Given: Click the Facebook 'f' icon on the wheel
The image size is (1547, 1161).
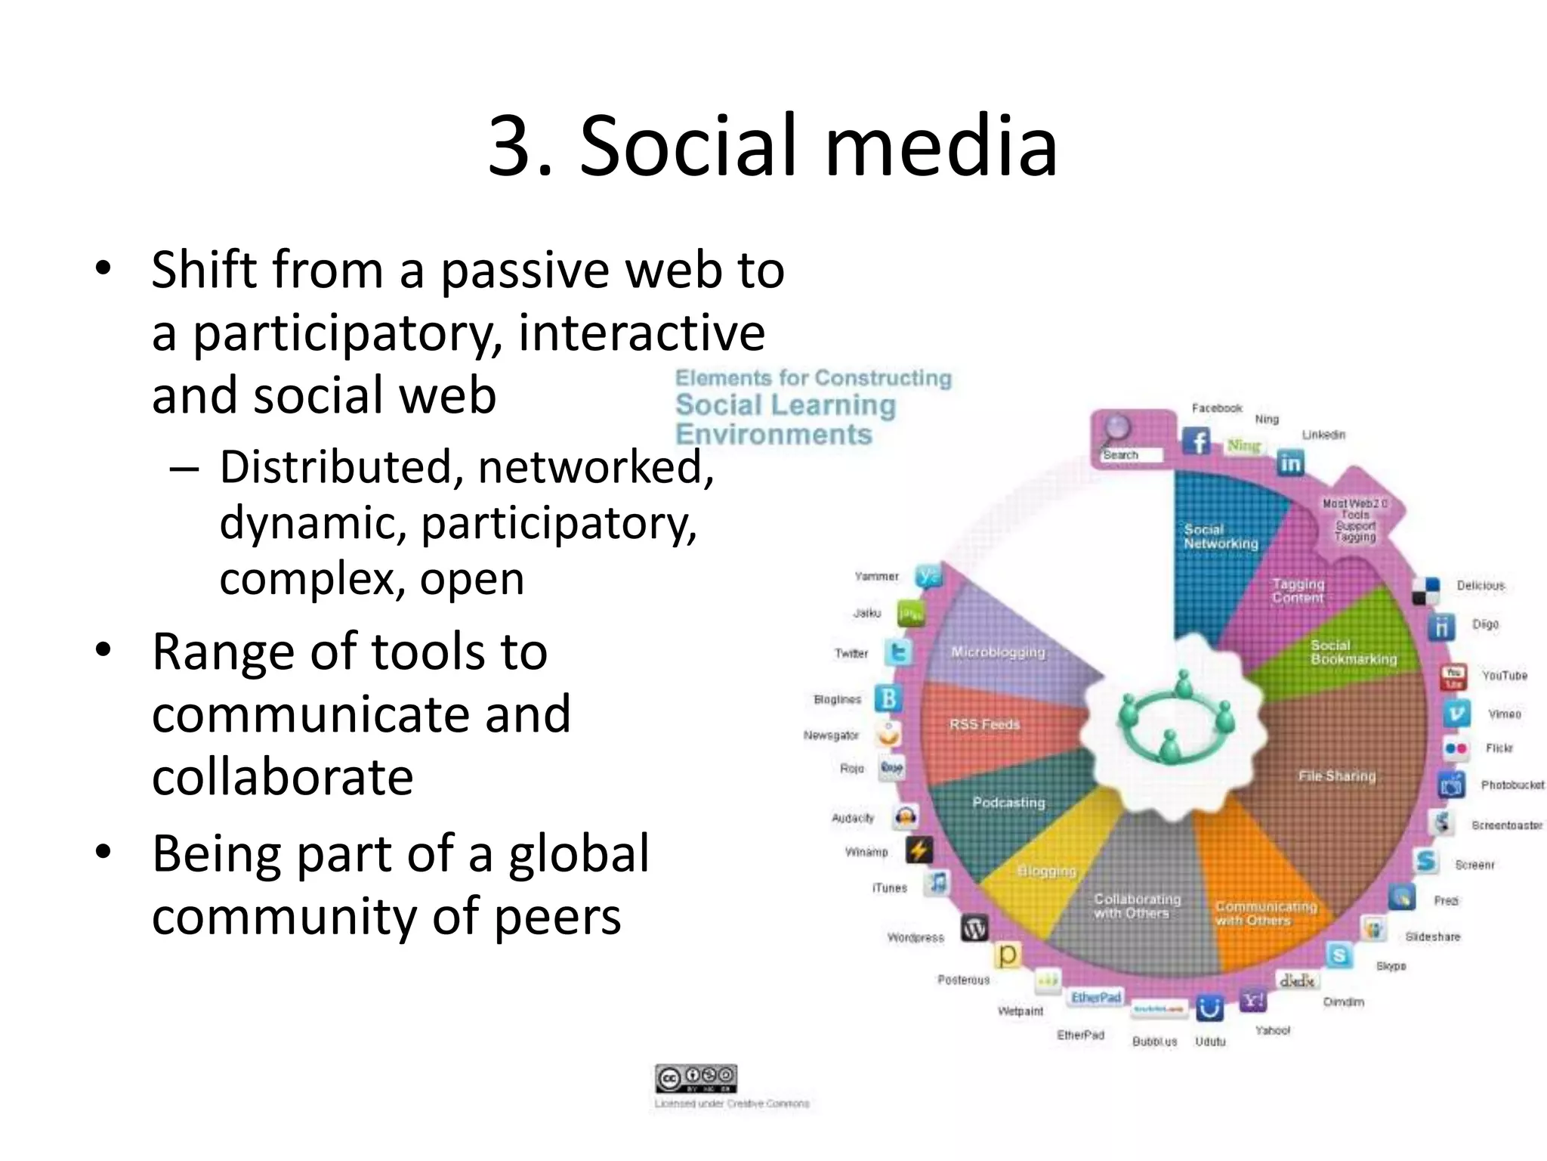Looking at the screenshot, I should [1197, 441].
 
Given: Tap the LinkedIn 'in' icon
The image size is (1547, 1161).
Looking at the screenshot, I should [1290, 463].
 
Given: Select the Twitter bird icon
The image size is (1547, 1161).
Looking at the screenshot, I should [899, 652].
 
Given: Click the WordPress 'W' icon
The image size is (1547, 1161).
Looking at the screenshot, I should [974, 929].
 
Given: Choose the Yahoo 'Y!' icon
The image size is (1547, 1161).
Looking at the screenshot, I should [1253, 1001].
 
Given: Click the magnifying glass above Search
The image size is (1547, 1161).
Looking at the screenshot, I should [1116, 429].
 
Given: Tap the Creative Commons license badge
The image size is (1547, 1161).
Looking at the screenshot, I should [696, 1078].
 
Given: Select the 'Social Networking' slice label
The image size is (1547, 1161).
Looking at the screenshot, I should [1221, 536].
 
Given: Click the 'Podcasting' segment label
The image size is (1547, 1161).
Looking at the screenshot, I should [1008, 802].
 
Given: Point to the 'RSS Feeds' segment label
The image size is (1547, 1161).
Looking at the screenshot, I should [984, 724].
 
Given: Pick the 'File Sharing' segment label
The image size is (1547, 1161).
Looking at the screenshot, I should [1337, 776].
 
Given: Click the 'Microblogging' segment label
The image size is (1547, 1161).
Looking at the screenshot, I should [998, 652].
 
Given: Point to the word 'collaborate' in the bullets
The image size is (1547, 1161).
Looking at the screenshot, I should [283, 777].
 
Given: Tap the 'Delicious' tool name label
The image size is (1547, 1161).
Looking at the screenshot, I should [1481, 585].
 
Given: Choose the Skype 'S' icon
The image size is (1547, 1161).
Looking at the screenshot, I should [1339, 955].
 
